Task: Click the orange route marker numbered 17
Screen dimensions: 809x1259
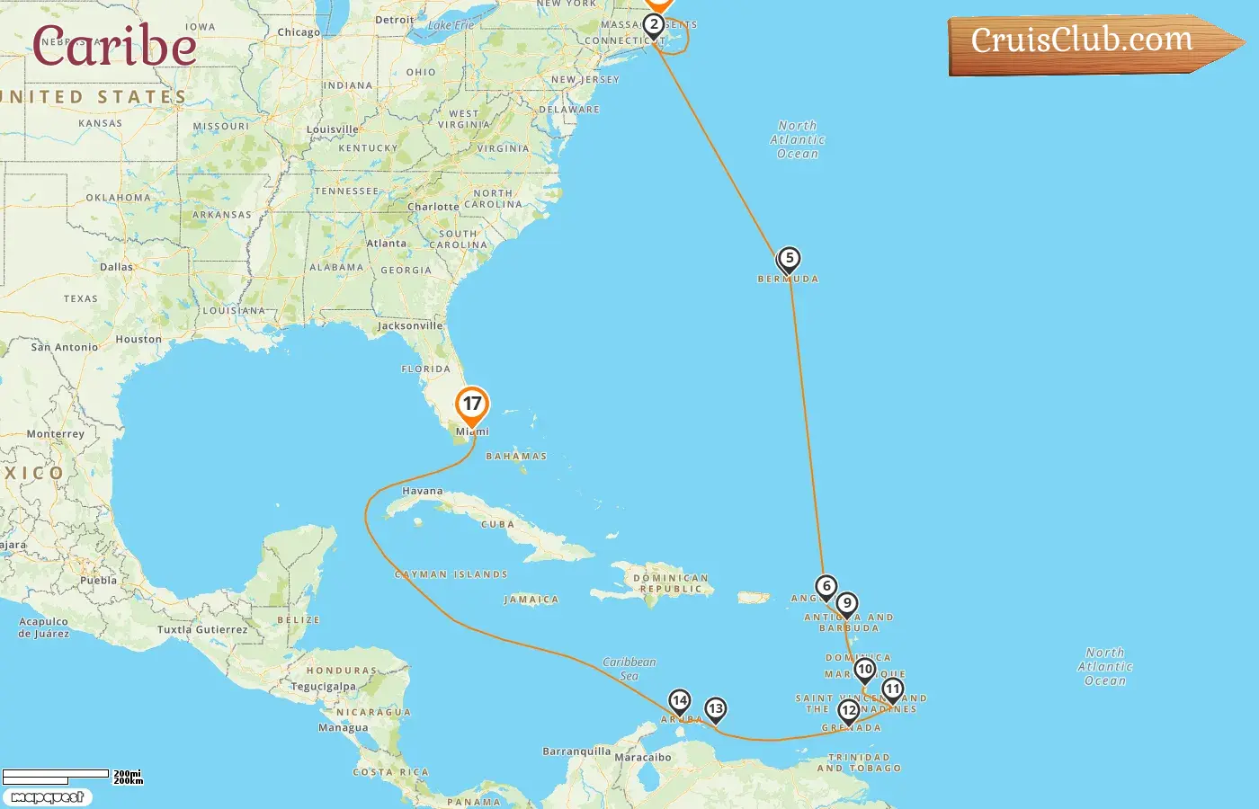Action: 472,404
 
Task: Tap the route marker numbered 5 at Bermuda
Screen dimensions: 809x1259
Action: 789,259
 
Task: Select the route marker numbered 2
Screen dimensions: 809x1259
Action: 654,25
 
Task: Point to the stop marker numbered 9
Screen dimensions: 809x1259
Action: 846,604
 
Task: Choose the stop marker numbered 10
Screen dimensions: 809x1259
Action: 864,670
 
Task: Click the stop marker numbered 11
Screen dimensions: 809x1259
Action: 892,689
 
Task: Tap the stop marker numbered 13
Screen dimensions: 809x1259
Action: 715,709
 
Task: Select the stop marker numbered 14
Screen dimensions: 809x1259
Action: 680,701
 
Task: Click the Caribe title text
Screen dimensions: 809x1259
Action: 114,46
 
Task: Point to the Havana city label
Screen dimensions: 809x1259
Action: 423,491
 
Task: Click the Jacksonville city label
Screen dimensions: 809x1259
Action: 410,325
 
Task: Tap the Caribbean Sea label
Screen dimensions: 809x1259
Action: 629,669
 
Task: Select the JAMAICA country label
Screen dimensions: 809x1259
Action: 531,600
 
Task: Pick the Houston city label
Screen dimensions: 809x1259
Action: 138,340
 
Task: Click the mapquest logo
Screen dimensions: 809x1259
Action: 47,797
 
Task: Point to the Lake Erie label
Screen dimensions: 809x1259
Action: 451,25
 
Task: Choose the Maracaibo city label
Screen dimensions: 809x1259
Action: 643,757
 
